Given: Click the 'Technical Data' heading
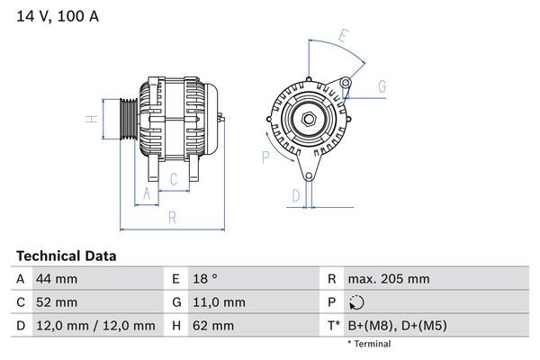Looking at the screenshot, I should pyautogui.click(x=66, y=256).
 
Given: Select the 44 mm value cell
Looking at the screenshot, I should pyautogui.click(x=55, y=279).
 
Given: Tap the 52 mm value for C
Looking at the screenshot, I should pyautogui.click(x=55, y=302).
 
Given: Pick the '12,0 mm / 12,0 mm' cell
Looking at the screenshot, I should pyautogui.click(x=94, y=326).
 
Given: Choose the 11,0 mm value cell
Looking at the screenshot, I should pyautogui.click(x=216, y=302).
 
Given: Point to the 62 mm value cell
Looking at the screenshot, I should pyautogui.click(x=211, y=326).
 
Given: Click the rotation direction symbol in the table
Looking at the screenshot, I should pyautogui.click(x=356, y=302).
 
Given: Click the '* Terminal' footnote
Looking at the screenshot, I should pyautogui.click(x=369, y=344).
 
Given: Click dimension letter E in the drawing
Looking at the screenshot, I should pyautogui.click(x=343, y=37).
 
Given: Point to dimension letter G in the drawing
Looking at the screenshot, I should pyautogui.click(x=382, y=86).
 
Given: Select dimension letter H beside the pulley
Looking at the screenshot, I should pyautogui.click(x=91, y=119).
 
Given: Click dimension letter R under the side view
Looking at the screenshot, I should pyautogui.click(x=171, y=217).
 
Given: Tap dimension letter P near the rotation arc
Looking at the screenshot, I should pyautogui.click(x=265, y=157).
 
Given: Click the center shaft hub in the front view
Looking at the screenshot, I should pyautogui.click(x=309, y=119).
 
